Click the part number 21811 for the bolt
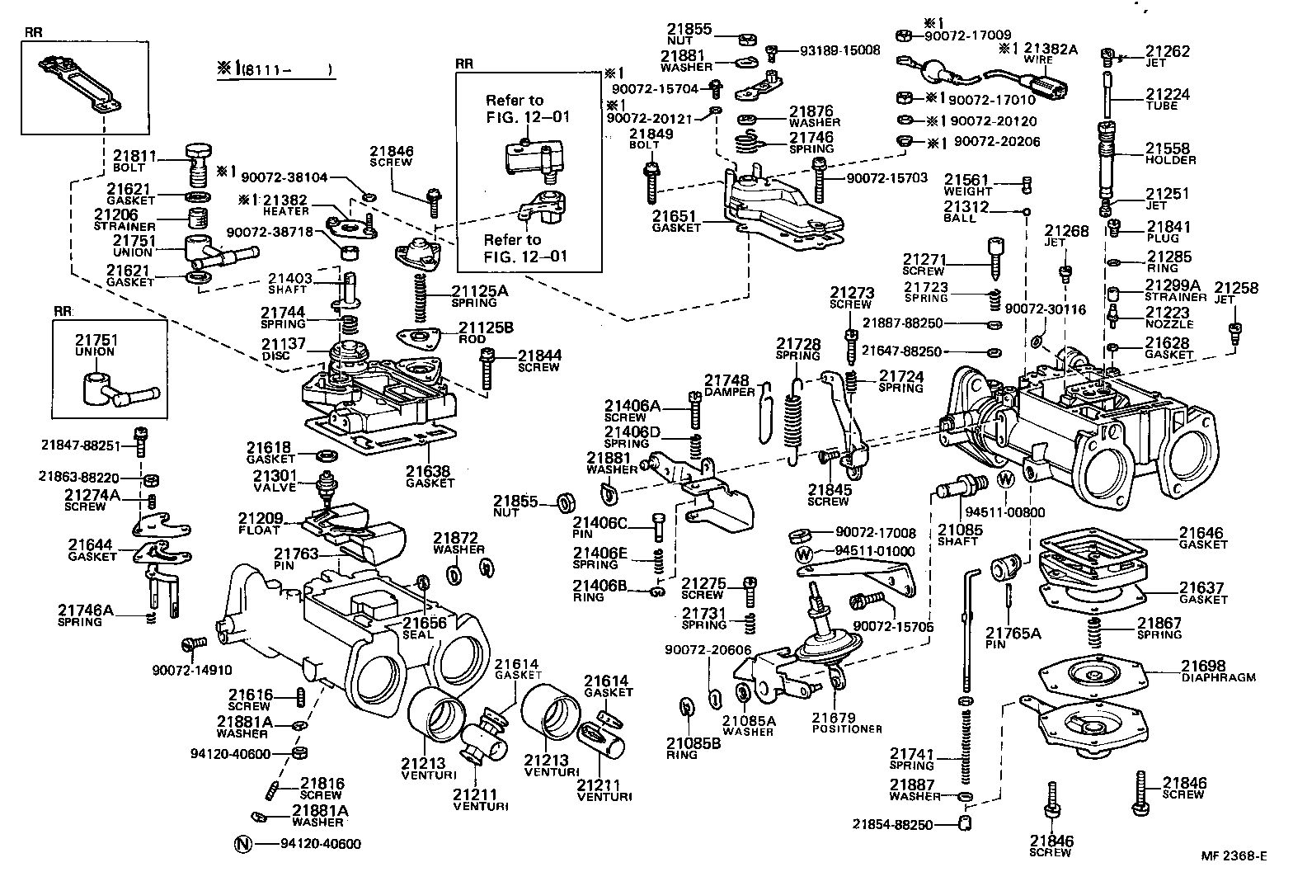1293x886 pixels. [134, 154]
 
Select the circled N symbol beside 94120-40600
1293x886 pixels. [242, 843]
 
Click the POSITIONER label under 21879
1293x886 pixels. [847, 728]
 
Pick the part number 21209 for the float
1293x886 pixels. [261, 518]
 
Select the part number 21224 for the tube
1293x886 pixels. [1167, 95]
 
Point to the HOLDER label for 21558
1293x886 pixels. [1169, 160]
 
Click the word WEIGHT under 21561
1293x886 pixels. [967, 191]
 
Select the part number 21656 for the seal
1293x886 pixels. [424, 623]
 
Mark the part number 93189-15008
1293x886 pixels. [839, 50]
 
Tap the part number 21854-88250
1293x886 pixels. [892, 823]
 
